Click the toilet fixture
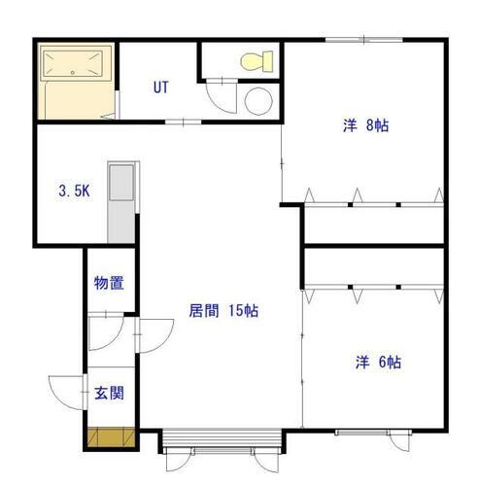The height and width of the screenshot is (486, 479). point(254,61)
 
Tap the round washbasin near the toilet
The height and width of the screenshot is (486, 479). point(258,100)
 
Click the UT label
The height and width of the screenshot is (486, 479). point(161,87)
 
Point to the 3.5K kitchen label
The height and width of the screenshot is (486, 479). point(74,191)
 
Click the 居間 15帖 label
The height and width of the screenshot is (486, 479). point(223,311)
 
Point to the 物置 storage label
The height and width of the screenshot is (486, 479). point(108,284)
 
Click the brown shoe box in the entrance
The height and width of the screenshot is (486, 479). point(108,438)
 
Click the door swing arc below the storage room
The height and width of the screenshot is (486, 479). point(103,334)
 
